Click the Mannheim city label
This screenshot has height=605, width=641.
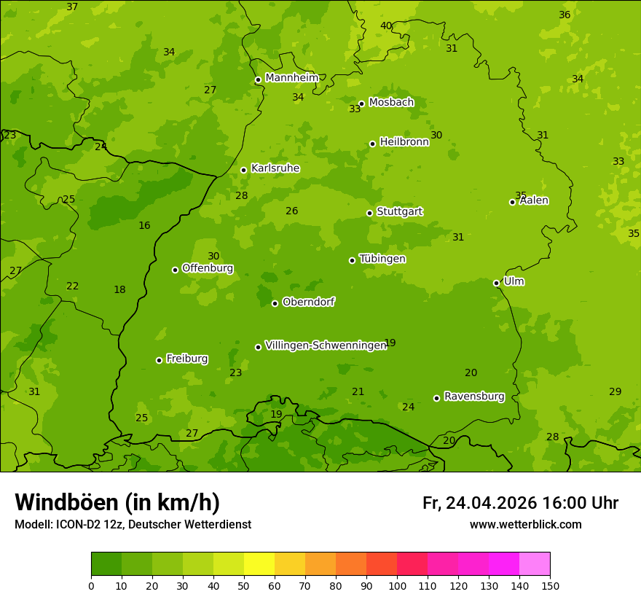[291, 78]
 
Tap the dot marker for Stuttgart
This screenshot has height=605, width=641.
[369, 213]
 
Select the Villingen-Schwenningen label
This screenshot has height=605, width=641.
[326, 346]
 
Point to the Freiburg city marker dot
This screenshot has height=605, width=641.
[159, 360]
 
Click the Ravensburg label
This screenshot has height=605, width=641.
[474, 397]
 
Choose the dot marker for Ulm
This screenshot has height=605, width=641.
[496, 283]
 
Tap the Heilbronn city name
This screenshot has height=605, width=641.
[404, 142]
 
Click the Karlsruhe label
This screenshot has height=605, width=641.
[275, 168]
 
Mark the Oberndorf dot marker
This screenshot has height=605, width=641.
[275, 303]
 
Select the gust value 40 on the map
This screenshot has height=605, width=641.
[386, 26]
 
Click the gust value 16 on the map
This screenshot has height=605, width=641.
[144, 225]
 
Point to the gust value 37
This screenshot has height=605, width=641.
[72, 7]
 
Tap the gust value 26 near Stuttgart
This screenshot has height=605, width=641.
[291, 211]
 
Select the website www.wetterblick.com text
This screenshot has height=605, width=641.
[525, 524]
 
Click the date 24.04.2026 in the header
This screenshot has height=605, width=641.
[491, 503]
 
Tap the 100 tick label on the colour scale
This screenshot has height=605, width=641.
[397, 585]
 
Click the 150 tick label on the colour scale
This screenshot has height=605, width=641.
[550, 585]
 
